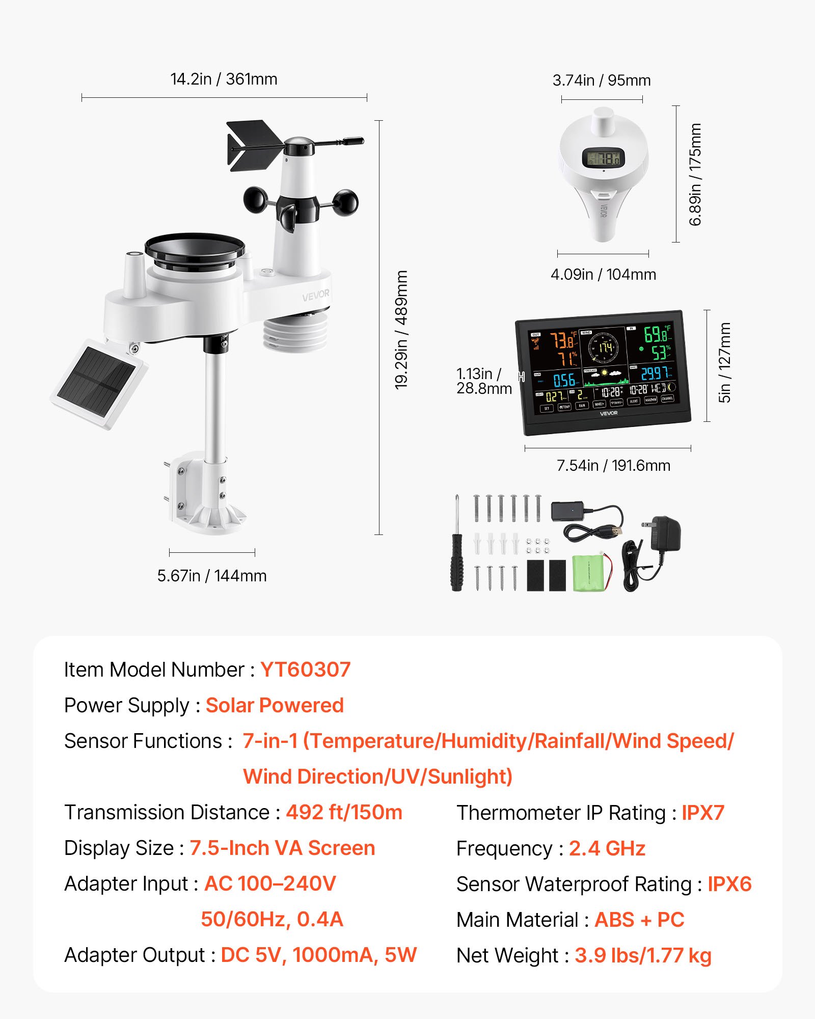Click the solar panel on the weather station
click(97, 383)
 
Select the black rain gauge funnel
click(195, 250)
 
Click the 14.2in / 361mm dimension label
click(224, 79)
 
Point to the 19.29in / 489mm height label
click(401, 330)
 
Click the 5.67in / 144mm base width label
click(212, 576)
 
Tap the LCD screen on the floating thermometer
click(603, 158)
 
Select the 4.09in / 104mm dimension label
click(603, 275)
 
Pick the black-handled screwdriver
click(457, 560)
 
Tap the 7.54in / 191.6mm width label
click(613, 466)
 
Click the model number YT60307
click(305, 669)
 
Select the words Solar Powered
click(275, 705)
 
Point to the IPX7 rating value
click(702, 813)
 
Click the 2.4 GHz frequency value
click(607, 848)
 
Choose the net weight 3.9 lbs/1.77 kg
click(643, 955)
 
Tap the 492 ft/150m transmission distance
click(344, 812)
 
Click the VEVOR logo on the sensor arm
click(315, 296)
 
